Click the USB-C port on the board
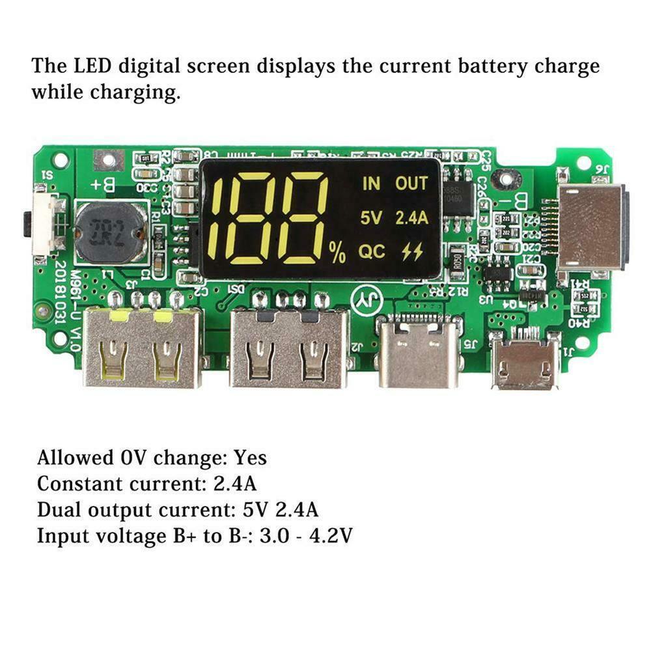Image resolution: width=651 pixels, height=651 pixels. coord(419,355)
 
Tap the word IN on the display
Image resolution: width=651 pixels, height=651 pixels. coord(371,184)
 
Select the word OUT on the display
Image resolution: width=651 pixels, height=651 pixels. coord(411,184)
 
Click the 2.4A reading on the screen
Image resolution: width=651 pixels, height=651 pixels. coord(411,218)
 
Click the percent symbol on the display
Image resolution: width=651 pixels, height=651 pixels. coord(337,253)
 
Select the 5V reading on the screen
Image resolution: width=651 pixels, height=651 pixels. coord(371,218)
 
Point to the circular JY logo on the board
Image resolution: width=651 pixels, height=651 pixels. coord(365,299)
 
